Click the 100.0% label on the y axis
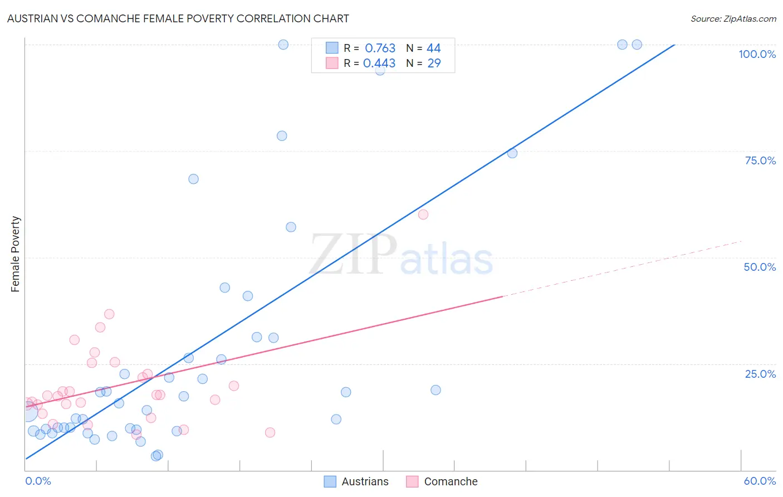click(757, 54)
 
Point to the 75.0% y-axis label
click(760, 160)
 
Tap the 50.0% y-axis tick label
click(760, 267)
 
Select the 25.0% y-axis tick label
click(760, 373)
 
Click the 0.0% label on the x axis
click(38, 481)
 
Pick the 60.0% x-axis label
click(760, 481)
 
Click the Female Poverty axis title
click(16, 254)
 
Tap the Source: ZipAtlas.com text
click(733, 18)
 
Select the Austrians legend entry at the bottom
click(356, 481)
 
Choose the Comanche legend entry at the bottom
click(442, 481)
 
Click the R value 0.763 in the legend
click(380, 48)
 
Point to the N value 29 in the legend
click(434, 64)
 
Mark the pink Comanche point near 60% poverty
click(423, 215)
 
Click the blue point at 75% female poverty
click(512, 153)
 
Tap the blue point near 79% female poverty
click(282, 136)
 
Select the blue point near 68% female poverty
click(193, 179)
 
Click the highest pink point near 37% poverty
click(109, 314)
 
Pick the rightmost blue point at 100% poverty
click(637, 45)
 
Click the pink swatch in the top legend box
click(332, 63)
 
